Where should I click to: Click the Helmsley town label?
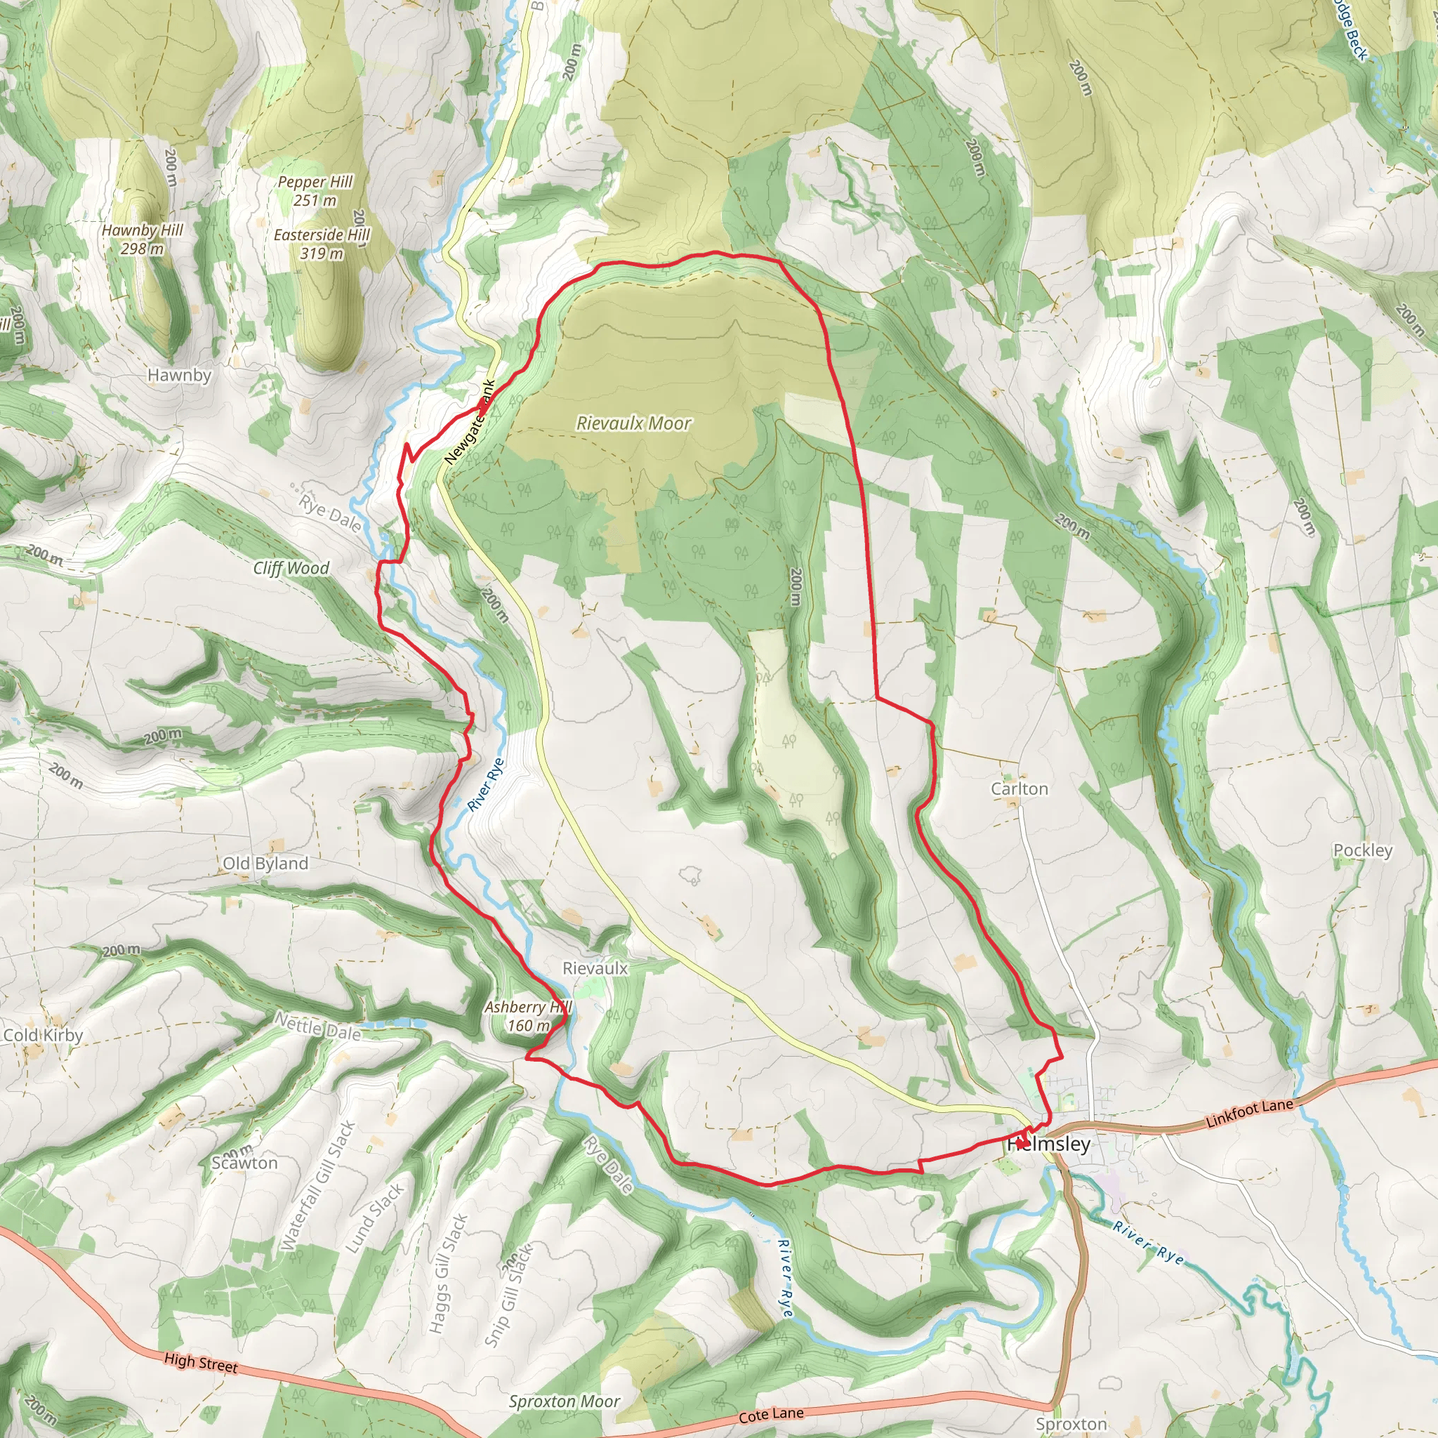click(x=1049, y=1144)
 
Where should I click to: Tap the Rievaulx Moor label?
click(x=633, y=423)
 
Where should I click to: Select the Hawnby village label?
click(x=179, y=375)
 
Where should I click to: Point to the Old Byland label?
click(x=265, y=864)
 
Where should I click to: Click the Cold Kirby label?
click(x=43, y=1036)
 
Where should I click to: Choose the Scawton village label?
click(x=244, y=1163)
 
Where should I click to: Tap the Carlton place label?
click(x=1019, y=789)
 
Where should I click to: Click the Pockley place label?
click(x=1362, y=850)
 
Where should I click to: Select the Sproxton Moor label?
click(x=565, y=1401)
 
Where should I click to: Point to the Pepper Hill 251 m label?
click(x=315, y=190)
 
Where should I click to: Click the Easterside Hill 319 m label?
click(x=322, y=244)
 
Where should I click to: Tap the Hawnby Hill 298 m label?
click(x=142, y=239)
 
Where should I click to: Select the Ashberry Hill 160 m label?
click(x=527, y=1016)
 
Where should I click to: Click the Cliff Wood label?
click(x=291, y=568)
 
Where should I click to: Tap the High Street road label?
click(x=201, y=1363)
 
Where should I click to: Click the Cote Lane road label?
click(x=770, y=1414)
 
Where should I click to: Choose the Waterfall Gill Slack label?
click(x=318, y=1185)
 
